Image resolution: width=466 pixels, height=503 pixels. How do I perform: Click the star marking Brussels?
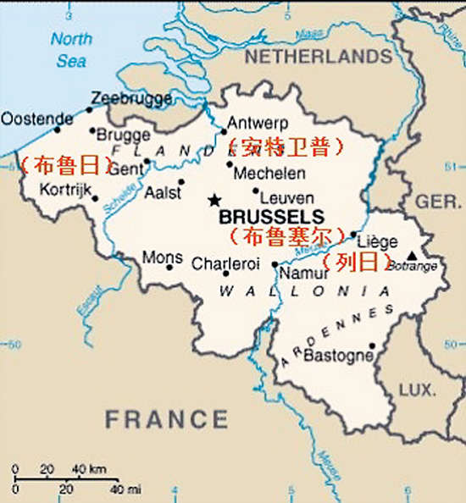pyautogui.click(x=214, y=200)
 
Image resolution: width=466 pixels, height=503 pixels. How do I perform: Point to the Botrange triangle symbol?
pyautogui.click(x=412, y=255)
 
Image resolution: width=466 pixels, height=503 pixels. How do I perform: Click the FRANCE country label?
pyautogui.click(x=167, y=418)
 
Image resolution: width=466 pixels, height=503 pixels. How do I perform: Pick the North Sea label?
pyautogui.click(x=71, y=50)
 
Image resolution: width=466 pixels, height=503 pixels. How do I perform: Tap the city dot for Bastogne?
pyautogui.click(x=372, y=345)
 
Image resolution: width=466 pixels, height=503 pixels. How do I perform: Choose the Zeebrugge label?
pyautogui.click(x=131, y=98)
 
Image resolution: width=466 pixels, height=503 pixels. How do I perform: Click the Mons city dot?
pyautogui.click(x=169, y=268)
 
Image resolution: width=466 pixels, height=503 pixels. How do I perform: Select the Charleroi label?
pyautogui.click(x=225, y=263)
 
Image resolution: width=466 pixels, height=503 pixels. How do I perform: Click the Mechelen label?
pyautogui.click(x=269, y=173)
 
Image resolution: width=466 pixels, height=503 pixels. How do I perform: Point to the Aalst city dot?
pyautogui.click(x=181, y=181)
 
